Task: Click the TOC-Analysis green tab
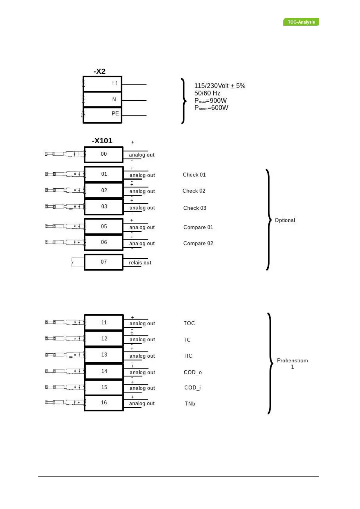(x=301, y=22)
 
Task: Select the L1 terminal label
(x=115, y=83)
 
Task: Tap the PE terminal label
(x=115, y=114)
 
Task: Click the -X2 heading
(x=99, y=71)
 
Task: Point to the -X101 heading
(x=102, y=141)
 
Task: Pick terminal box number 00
(x=104, y=154)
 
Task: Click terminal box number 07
(x=104, y=262)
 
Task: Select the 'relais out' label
(x=140, y=263)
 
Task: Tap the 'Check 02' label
(x=194, y=191)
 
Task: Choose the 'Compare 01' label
(x=198, y=227)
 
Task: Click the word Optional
(x=285, y=220)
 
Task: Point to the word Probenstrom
(x=292, y=361)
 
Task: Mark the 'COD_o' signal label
(x=193, y=372)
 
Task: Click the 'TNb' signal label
(x=190, y=404)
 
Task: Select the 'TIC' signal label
(x=188, y=356)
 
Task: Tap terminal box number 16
(x=104, y=403)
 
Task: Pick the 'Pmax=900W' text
(x=210, y=101)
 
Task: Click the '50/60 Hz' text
(x=207, y=93)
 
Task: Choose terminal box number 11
(x=104, y=323)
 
